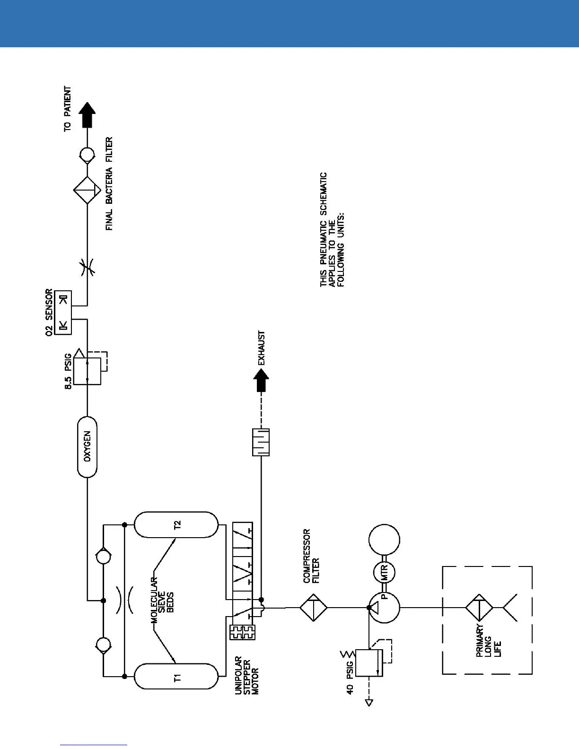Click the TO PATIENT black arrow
[x=87, y=115]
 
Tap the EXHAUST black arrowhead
[x=261, y=380]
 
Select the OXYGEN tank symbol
[x=87, y=447]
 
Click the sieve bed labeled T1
[x=177, y=677]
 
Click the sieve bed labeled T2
[x=177, y=524]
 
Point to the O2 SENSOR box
[x=63, y=313]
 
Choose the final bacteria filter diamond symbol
[x=87, y=191]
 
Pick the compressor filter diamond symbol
[x=313, y=608]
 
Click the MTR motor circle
[x=384, y=573]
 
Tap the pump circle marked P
[x=384, y=608]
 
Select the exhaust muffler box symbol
[x=261, y=442]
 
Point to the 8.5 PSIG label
[x=68, y=371]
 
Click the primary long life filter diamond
[x=479, y=608]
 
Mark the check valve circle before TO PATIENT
[x=87, y=155]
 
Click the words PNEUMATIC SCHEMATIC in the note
[x=324, y=229]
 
